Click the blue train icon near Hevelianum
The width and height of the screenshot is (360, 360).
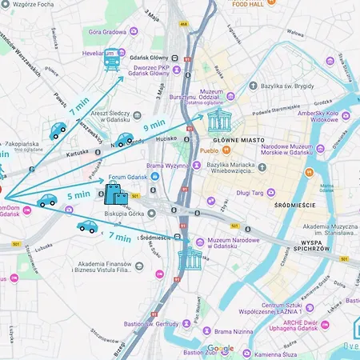tap(111, 62)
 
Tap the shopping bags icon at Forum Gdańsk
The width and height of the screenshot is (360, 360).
tap(115, 194)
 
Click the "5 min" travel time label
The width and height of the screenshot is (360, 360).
tap(78, 194)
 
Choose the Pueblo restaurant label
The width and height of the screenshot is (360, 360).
tap(209, 150)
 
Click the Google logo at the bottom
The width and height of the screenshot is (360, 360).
tap(221, 348)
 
